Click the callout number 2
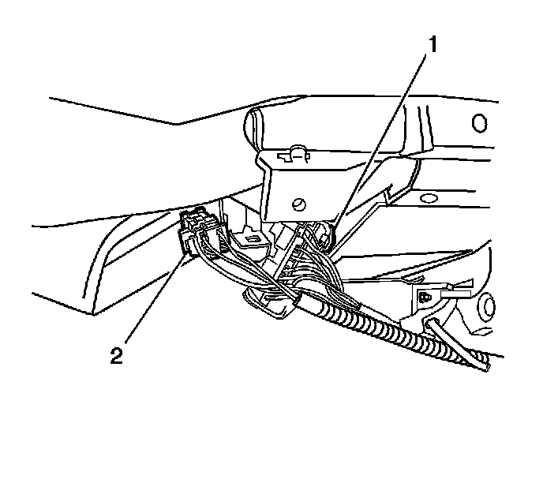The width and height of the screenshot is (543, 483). tap(116, 355)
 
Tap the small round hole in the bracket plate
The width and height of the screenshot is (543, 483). tap(299, 204)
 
